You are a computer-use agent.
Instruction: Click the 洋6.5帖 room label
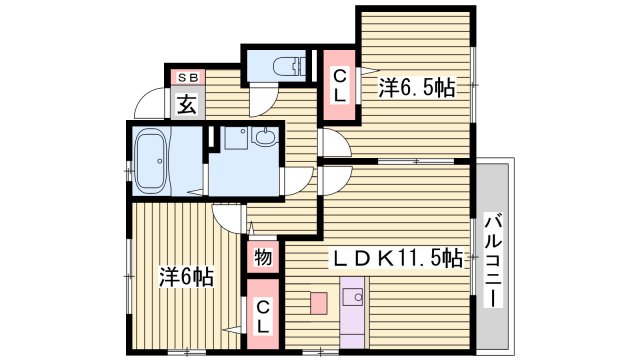point(417,89)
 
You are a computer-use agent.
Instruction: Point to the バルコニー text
point(493,259)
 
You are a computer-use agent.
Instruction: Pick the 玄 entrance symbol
point(188,101)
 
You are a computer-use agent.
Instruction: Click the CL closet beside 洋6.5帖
point(340,85)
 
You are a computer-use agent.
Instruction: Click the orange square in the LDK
point(319,302)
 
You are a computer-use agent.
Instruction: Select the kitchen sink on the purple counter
point(353,297)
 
